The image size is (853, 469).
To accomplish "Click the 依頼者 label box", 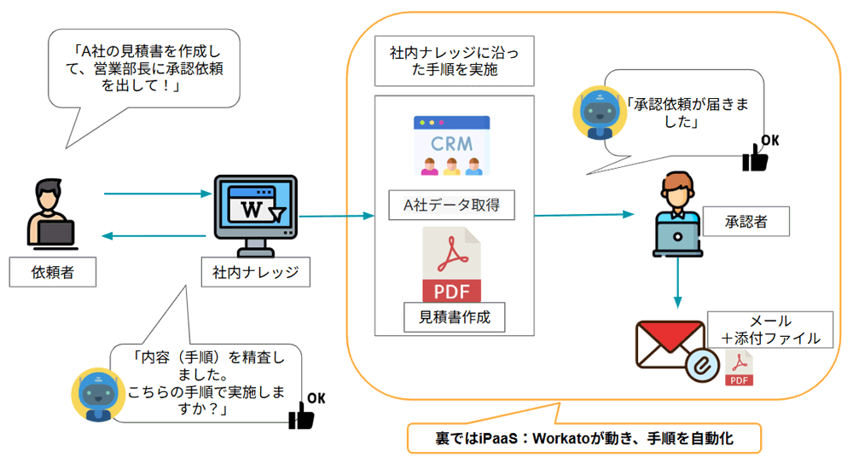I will point(51,273).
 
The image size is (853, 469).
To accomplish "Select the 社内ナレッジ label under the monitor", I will point(255,273).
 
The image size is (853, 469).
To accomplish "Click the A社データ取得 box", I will point(451,206).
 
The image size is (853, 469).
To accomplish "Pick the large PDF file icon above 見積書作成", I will point(451,263).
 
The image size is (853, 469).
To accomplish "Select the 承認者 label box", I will point(746,222).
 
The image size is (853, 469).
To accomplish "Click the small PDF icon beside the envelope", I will point(739,368).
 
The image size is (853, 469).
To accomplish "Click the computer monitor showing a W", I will point(255,213).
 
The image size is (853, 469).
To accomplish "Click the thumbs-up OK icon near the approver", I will point(758,153).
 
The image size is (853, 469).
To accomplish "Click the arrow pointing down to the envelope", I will point(677,285).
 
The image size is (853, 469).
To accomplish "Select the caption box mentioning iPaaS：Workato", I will point(583,438).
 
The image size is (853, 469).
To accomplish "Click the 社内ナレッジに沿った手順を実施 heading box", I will point(455,61).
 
